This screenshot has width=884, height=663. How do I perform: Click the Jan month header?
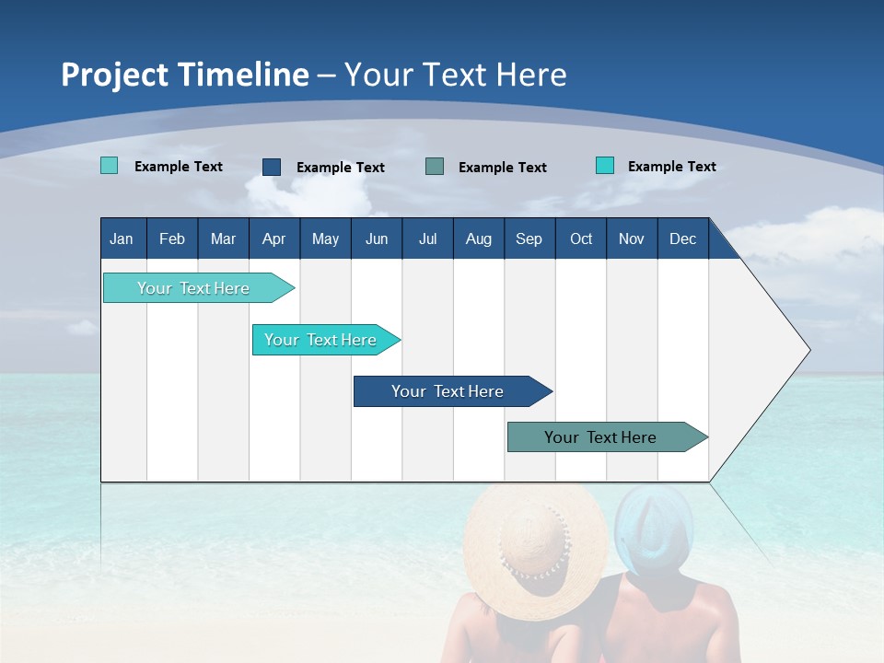point(122,238)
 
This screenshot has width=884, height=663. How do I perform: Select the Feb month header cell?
point(172,238)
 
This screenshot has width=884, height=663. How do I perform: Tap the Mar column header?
point(223,238)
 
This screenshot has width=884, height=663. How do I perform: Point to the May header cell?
point(325,238)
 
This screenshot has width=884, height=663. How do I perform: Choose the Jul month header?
point(427,238)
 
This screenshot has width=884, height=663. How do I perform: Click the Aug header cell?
point(478,238)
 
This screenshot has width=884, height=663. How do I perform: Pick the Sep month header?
point(529,238)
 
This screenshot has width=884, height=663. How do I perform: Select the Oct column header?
point(581,238)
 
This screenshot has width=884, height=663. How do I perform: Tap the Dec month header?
point(682,238)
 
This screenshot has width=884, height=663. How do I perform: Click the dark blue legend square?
point(272,167)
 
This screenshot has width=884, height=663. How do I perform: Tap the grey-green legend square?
point(435,167)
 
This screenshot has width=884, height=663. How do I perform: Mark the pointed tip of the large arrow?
point(808,350)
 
